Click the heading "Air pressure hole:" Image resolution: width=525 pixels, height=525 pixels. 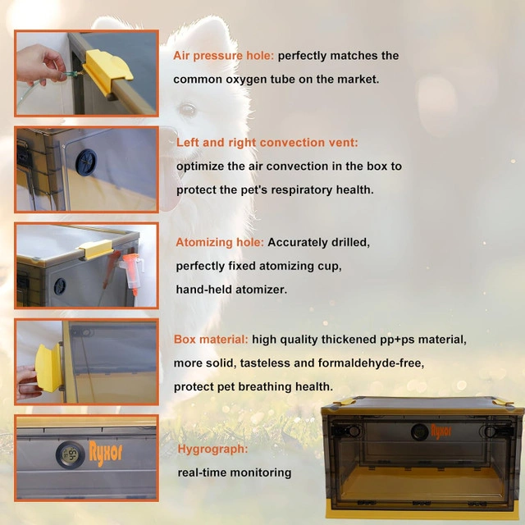click(x=223, y=56)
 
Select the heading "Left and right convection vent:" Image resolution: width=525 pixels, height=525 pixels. click(x=267, y=143)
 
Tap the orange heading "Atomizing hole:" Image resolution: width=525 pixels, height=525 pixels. click(x=220, y=243)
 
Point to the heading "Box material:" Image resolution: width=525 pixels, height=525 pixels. click(x=211, y=340)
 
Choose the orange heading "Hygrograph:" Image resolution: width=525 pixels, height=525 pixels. click(x=212, y=449)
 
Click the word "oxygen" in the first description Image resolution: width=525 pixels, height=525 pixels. click(x=244, y=80)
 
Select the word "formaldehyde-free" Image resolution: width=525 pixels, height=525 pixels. click(x=371, y=363)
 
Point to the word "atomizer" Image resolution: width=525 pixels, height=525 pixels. click(x=261, y=290)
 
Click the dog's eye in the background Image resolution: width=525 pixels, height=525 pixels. click(x=188, y=109)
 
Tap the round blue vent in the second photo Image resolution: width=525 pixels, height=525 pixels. click(x=86, y=162)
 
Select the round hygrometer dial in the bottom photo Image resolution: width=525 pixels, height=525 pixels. click(x=71, y=454)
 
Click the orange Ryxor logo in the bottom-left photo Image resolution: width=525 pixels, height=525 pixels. click(x=106, y=453)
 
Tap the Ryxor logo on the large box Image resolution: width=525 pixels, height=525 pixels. click(x=441, y=431)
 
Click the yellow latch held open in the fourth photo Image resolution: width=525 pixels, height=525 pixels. click(x=49, y=368)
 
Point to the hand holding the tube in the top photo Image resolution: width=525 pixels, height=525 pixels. click(x=41, y=65)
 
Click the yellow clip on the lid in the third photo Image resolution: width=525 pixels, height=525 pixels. click(x=96, y=249)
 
